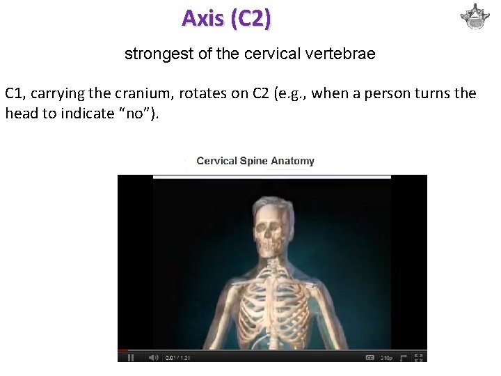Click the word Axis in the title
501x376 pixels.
click(x=202, y=18)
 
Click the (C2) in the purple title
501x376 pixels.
click(x=248, y=18)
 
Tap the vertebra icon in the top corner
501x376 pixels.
click(x=475, y=17)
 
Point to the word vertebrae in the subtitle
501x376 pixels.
click(x=343, y=54)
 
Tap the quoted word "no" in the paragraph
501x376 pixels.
click(x=142, y=113)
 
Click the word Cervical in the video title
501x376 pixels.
click(x=216, y=161)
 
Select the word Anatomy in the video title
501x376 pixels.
click(x=292, y=161)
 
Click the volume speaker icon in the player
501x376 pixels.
click(x=151, y=357)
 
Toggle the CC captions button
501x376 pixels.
click(x=370, y=357)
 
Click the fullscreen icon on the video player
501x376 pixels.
click(x=420, y=357)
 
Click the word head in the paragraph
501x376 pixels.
click(x=20, y=113)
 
